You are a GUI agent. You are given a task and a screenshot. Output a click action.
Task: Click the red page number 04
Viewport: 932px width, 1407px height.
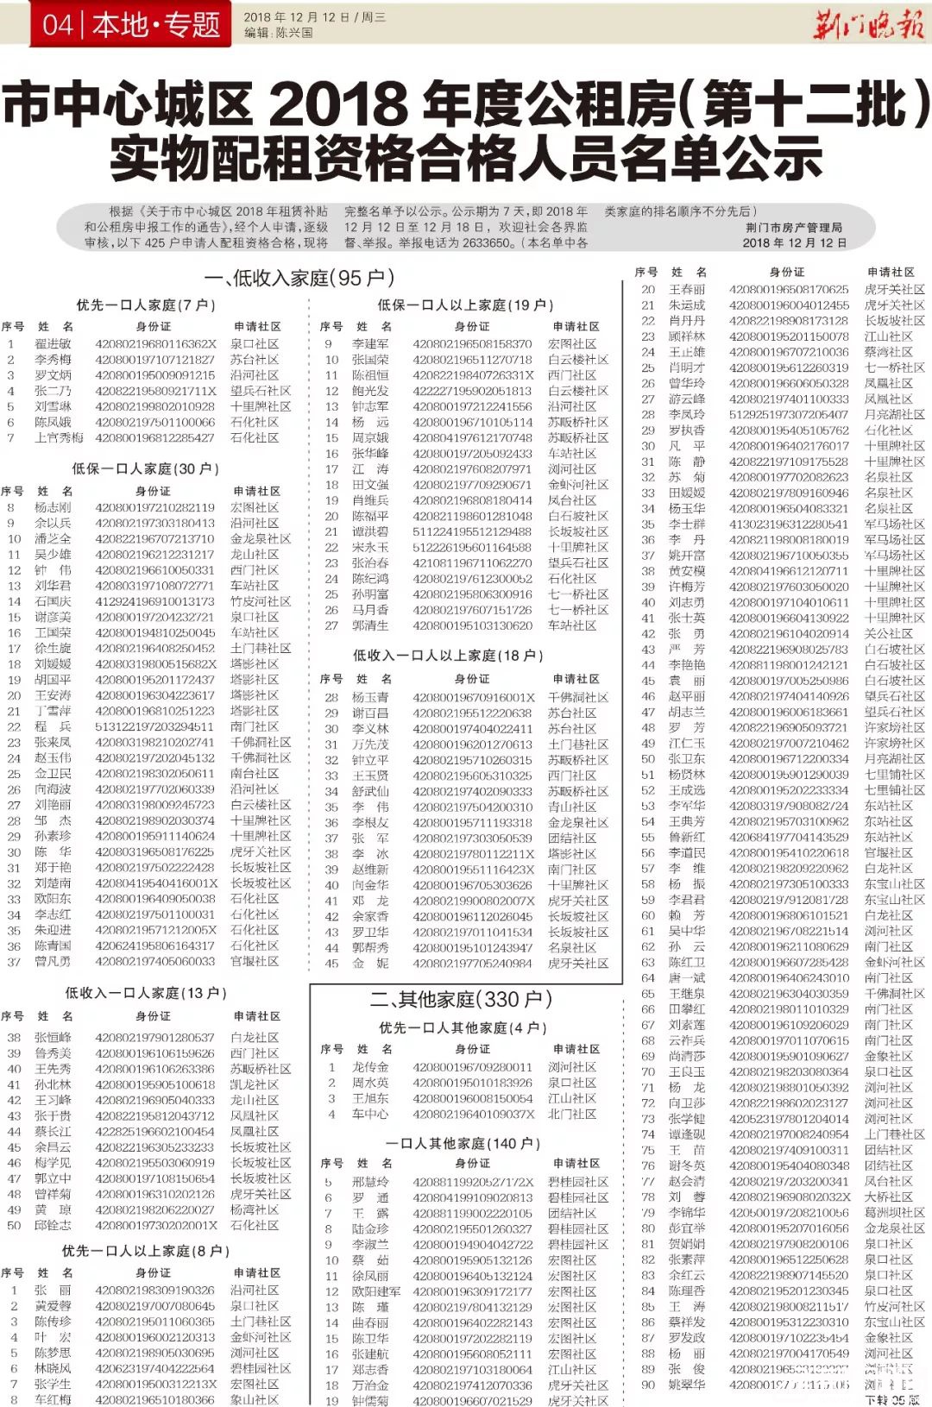click(58, 24)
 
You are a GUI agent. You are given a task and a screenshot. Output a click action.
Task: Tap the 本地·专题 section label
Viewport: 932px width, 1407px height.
click(155, 24)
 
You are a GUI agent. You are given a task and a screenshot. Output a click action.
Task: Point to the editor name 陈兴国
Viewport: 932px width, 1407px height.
click(294, 33)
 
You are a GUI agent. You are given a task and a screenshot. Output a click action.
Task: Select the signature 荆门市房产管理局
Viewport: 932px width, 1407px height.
click(794, 228)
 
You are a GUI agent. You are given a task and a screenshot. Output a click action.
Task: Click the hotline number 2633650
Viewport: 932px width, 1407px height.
click(488, 243)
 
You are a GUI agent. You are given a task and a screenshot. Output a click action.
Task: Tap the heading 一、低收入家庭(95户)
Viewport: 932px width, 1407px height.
click(299, 278)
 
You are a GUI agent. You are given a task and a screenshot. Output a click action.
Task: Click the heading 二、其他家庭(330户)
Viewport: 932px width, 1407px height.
click(461, 1000)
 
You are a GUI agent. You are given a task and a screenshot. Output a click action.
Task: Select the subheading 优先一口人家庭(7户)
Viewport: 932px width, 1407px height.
click(146, 305)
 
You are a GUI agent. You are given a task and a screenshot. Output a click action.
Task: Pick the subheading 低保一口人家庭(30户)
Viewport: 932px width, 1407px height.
click(146, 468)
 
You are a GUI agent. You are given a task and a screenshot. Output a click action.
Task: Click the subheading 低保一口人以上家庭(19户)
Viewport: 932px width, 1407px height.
click(465, 305)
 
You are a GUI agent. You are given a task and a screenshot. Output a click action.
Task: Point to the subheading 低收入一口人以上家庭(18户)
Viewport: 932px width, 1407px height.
click(448, 656)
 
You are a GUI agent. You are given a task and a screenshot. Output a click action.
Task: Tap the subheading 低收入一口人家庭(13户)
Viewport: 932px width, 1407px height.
click(146, 994)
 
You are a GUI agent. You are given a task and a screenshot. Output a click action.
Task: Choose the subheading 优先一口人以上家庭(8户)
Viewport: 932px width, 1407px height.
click(146, 1251)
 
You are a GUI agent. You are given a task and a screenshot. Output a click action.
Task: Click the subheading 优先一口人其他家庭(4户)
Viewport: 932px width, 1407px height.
click(463, 1028)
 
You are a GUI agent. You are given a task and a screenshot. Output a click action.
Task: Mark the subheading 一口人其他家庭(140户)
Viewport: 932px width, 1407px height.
click(463, 1144)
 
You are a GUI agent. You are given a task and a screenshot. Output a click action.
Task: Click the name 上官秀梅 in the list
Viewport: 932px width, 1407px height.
click(60, 438)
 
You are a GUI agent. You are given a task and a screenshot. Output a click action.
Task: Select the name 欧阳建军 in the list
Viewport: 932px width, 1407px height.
click(375, 1291)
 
